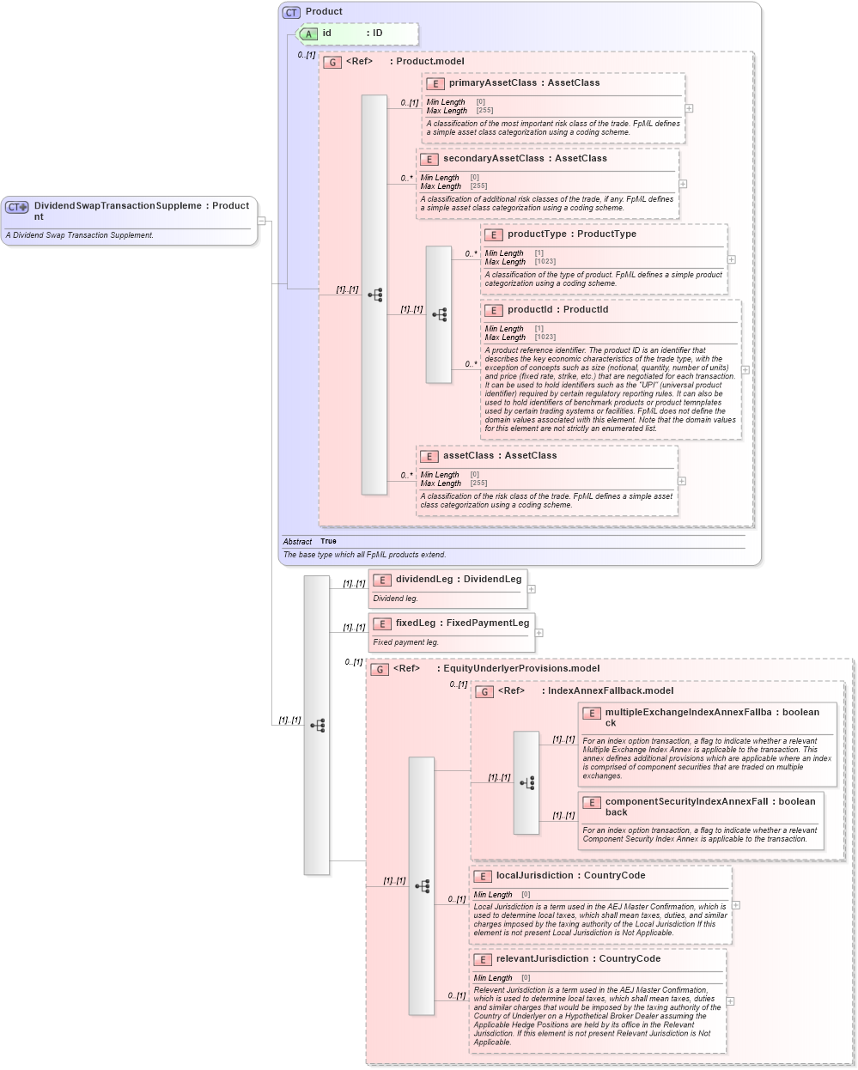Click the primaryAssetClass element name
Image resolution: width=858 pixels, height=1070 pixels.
point(492,83)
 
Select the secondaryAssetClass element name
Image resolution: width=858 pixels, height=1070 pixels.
point(493,159)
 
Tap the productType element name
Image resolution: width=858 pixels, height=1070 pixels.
point(536,234)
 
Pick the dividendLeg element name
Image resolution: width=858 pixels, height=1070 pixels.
point(423,580)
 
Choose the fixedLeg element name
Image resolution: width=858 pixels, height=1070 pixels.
point(415,623)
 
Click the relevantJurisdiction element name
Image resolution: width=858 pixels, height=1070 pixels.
point(542,959)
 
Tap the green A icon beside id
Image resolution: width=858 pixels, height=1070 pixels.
point(308,33)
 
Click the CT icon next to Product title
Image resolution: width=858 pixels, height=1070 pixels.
point(291,12)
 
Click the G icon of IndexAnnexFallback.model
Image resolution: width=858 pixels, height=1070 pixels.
point(484,691)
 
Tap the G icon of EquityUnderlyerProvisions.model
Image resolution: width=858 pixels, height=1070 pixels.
point(380,669)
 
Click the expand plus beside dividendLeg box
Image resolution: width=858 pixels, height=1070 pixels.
point(532,589)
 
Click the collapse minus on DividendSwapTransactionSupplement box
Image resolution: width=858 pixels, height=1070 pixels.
point(261,221)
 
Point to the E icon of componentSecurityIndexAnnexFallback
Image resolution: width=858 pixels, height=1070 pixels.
point(591,803)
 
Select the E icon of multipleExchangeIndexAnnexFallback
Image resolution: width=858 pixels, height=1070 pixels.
point(591,714)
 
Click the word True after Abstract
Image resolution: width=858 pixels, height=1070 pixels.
point(328,542)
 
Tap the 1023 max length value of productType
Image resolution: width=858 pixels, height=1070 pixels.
point(545,262)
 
